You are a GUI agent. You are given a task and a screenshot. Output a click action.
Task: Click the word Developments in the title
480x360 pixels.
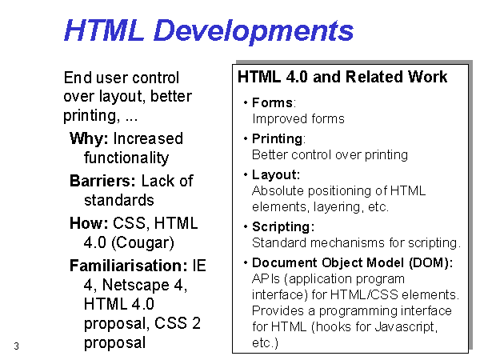(x=254, y=32)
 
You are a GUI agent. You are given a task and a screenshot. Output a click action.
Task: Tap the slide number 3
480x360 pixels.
(x=16, y=346)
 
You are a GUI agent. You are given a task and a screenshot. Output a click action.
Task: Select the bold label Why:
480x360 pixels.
(x=89, y=138)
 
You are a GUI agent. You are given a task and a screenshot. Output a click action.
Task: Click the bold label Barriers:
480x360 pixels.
(x=102, y=181)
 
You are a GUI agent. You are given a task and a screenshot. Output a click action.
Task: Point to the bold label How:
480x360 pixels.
(x=89, y=223)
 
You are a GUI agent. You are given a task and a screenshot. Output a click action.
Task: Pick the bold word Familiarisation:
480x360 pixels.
(x=128, y=265)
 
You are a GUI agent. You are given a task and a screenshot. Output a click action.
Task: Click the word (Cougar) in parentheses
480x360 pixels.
(x=142, y=242)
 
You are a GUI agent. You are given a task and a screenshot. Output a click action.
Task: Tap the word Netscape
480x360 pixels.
(x=136, y=285)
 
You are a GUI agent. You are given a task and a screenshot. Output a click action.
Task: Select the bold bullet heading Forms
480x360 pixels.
(x=272, y=103)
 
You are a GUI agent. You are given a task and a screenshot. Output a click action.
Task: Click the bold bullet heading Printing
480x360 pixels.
(x=278, y=139)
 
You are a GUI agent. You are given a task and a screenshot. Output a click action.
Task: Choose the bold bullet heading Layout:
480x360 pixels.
(x=276, y=174)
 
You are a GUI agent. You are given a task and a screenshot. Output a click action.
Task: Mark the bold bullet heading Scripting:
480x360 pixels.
(x=283, y=227)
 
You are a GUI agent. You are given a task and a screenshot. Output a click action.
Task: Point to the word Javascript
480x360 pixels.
(x=406, y=326)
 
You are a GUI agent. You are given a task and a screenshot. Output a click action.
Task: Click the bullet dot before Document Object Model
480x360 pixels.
(x=246, y=262)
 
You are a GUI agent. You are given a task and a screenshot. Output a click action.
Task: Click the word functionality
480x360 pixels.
(x=126, y=158)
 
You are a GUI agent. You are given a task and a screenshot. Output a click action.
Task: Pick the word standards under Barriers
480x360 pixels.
(x=118, y=200)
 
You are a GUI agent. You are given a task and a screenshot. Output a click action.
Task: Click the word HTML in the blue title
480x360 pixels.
(x=104, y=30)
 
